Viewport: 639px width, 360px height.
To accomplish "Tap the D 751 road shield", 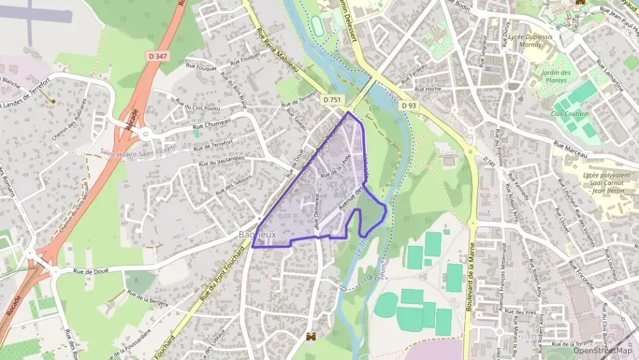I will [x=332, y=100].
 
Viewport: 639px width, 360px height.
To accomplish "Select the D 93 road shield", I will [x=408, y=105].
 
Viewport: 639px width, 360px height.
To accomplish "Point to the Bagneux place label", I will [x=257, y=234].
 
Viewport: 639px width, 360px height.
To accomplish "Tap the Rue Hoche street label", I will [x=428, y=89].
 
